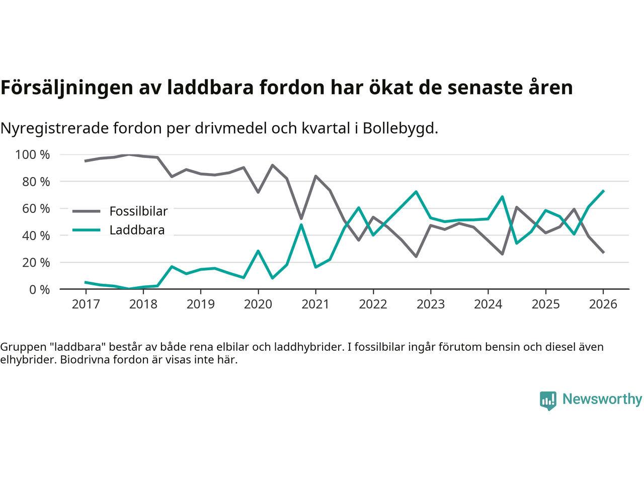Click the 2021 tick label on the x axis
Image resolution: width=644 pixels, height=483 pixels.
point(315,304)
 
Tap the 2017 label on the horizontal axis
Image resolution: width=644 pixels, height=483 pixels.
point(86,304)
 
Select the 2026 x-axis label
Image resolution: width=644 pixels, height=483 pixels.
point(603,304)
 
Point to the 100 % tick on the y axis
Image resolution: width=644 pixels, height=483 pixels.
point(33,154)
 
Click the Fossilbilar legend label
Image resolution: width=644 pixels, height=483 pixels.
point(138,211)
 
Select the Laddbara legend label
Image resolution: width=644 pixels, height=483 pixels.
point(137,230)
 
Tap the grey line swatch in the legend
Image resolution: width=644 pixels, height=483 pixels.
point(87,211)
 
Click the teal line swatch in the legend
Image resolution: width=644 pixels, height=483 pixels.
point(87,230)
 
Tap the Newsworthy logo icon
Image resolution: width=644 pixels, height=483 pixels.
point(548,400)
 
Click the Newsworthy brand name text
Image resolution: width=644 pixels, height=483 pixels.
point(602,399)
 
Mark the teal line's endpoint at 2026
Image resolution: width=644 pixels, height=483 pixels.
point(603,191)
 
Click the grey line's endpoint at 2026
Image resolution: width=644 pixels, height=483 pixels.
point(603,252)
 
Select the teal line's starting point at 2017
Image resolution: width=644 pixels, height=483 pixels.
point(86,282)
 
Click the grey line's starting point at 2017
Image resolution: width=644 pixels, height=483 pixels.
point(86,161)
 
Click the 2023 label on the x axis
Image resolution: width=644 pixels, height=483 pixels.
point(431,304)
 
